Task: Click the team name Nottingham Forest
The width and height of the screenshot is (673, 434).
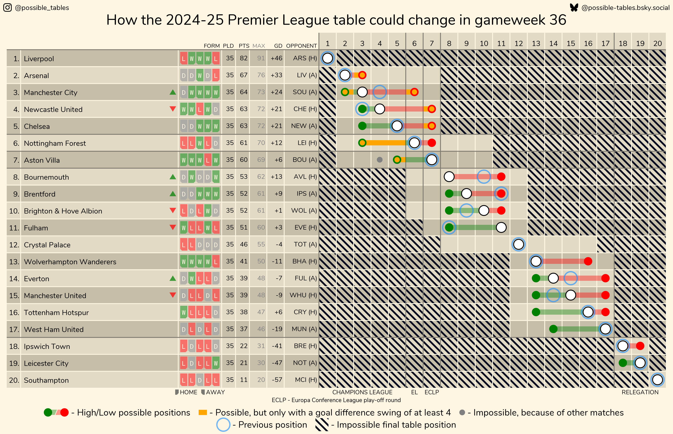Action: (x=55, y=143)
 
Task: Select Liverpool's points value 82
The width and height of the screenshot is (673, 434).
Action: (x=244, y=58)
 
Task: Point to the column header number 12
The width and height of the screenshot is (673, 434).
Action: (x=518, y=43)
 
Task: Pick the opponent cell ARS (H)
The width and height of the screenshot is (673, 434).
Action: (x=305, y=58)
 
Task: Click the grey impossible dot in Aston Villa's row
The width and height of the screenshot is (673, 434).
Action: (x=380, y=160)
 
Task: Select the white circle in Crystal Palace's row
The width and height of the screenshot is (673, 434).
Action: (x=518, y=244)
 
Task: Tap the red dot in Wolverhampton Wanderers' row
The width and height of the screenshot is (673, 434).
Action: (x=588, y=261)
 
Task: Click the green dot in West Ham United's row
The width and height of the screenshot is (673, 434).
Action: (x=553, y=329)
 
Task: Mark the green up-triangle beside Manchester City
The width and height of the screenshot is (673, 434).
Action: (x=173, y=92)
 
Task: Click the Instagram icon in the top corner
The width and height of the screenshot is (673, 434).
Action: (x=8, y=8)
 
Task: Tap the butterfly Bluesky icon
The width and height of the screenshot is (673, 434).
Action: (x=574, y=8)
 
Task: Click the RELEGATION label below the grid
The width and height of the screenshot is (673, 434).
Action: (x=640, y=392)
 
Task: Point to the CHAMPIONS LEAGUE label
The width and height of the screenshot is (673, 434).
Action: (x=362, y=392)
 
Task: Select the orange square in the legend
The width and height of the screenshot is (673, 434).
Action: (x=203, y=413)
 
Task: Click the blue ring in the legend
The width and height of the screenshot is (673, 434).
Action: (x=223, y=425)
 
